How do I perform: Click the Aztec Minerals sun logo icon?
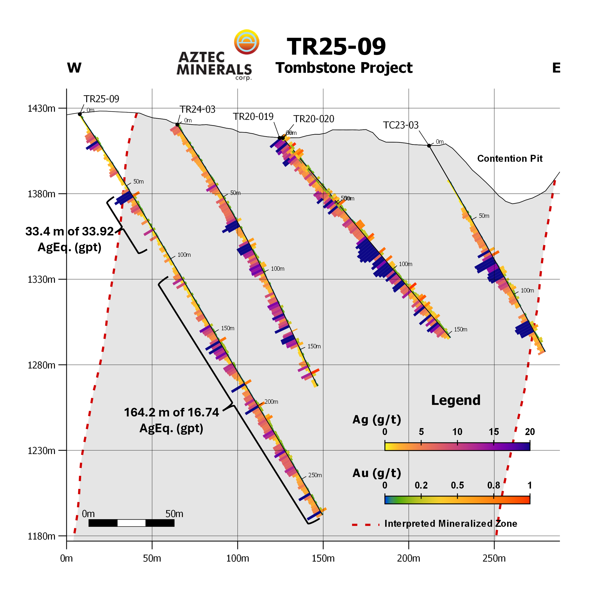(247, 42)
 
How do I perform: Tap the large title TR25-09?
(336, 47)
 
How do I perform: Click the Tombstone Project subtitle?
(344, 68)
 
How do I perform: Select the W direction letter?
(74, 68)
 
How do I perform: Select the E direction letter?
(556, 68)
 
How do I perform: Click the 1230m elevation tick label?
(42, 451)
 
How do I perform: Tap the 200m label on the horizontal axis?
(408, 558)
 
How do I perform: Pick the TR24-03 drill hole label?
(197, 109)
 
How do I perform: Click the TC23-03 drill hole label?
(401, 125)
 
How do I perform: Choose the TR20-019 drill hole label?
(253, 117)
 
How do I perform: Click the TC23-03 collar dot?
(429, 146)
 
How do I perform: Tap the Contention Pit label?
(510, 159)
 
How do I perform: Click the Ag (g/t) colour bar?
(457, 446)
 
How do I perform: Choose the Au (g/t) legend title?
(377, 473)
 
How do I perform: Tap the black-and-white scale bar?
(131, 523)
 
